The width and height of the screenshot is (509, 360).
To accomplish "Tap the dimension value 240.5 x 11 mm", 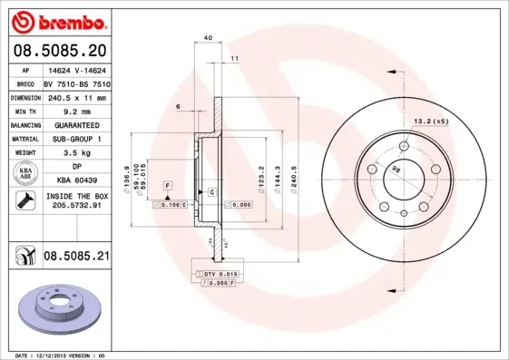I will click(76, 97).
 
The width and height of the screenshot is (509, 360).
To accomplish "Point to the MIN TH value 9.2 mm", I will click(76, 111).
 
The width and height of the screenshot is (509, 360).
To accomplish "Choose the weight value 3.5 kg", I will click(76, 153).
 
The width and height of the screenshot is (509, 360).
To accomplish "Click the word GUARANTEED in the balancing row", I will click(76, 125).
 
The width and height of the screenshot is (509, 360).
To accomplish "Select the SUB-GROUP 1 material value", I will click(76, 139).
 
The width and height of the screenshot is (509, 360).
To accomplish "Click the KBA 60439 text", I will click(76, 181).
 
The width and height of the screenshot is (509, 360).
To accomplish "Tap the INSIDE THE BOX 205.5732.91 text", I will click(76, 201).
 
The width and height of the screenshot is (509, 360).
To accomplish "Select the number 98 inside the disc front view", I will click(395, 170).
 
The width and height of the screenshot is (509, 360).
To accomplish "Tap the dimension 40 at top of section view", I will click(208, 38).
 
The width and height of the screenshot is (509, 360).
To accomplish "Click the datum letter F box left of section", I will click(167, 185).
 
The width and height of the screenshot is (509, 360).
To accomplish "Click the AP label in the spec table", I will click(25, 69).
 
